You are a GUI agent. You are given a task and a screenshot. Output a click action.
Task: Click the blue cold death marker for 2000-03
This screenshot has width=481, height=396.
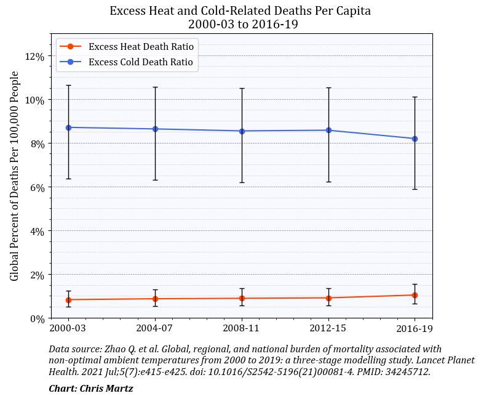pyautogui.click(x=68, y=127)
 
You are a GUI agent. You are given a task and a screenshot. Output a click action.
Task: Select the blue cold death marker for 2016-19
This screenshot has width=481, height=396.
pyautogui.click(x=415, y=139)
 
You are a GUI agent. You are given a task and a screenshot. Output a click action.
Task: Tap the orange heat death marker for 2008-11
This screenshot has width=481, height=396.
pyautogui.click(x=242, y=298)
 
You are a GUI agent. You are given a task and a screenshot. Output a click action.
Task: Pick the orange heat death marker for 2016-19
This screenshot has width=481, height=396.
pyautogui.click(x=415, y=295)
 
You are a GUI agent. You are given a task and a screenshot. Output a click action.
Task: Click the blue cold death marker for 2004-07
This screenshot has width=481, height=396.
pyautogui.click(x=155, y=129)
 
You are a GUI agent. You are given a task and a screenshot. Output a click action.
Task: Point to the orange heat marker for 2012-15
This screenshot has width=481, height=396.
pyautogui.click(x=328, y=297)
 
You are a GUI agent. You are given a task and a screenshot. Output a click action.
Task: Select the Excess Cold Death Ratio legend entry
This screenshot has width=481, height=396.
pyautogui.click(x=140, y=62)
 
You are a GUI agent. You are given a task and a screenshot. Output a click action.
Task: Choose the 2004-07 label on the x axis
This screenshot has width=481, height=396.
pyautogui.click(x=155, y=328)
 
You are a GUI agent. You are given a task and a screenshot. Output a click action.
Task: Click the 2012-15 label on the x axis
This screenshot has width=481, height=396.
pyautogui.click(x=328, y=328)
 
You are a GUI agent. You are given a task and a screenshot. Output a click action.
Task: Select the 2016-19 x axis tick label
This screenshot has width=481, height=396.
pyautogui.click(x=415, y=328)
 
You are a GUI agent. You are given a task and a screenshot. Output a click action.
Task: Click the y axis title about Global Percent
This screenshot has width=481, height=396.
pyautogui.click(x=15, y=176)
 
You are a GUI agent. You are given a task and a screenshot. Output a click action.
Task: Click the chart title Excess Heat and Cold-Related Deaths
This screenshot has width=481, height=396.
pyautogui.click(x=240, y=11)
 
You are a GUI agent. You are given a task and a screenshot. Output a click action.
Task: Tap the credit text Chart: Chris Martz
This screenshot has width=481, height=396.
pyautogui.click(x=90, y=388)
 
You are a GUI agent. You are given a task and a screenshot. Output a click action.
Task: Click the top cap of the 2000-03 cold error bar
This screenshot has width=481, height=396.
pyautogui.click(x=68, y=85)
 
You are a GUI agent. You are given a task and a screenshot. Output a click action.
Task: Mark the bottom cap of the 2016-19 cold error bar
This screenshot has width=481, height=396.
pyautogui.click(x=415, y=189)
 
